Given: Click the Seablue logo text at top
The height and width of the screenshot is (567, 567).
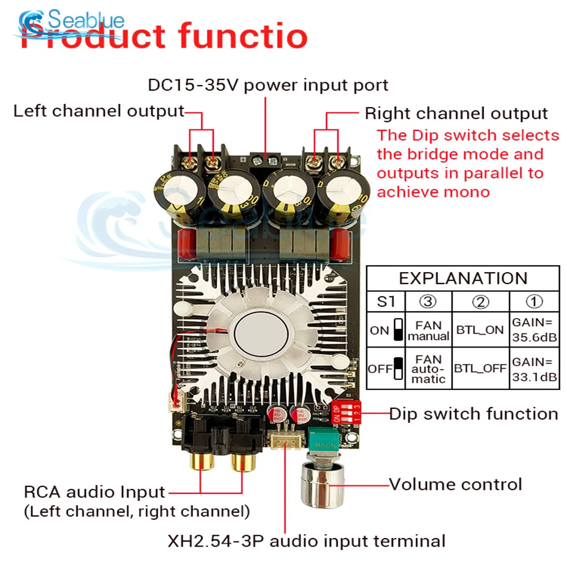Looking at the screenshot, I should (x=85, y=21).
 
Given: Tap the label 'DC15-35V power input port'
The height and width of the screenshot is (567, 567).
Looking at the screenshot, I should (x=268, y=85).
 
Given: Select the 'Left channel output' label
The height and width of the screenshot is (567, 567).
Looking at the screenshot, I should (x=99, y=111).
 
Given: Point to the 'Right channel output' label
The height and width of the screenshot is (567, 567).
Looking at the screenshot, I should (x=456, y=113).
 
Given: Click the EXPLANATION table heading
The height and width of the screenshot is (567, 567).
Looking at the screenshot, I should (x=463, y=278).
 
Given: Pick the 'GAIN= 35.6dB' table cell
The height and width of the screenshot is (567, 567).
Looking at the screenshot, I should (x=534, y=330).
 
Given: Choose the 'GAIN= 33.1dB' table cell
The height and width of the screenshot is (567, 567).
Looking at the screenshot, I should (x=534, y=369).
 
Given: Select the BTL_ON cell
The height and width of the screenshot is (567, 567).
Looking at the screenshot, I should (x=480, y=330).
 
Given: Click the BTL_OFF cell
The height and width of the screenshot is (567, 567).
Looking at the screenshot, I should (x=480, y=369).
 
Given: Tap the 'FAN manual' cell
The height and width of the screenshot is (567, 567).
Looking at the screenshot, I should (x=428, y=330).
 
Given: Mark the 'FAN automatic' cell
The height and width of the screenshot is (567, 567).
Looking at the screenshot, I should (x=428, y=369).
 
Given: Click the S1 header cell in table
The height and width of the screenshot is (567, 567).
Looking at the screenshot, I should (x=386, y=301).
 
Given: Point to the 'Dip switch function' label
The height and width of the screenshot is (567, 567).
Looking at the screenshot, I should (x=473, y=414).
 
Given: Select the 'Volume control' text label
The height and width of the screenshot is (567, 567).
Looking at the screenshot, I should (x=455, y=485).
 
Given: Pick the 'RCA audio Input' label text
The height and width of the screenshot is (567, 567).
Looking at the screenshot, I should (x=94, y=492).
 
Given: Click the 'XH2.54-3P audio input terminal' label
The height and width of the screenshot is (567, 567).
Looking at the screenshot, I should (x=306, y=540).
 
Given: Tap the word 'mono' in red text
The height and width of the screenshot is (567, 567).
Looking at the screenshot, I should (x=462, y=192).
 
